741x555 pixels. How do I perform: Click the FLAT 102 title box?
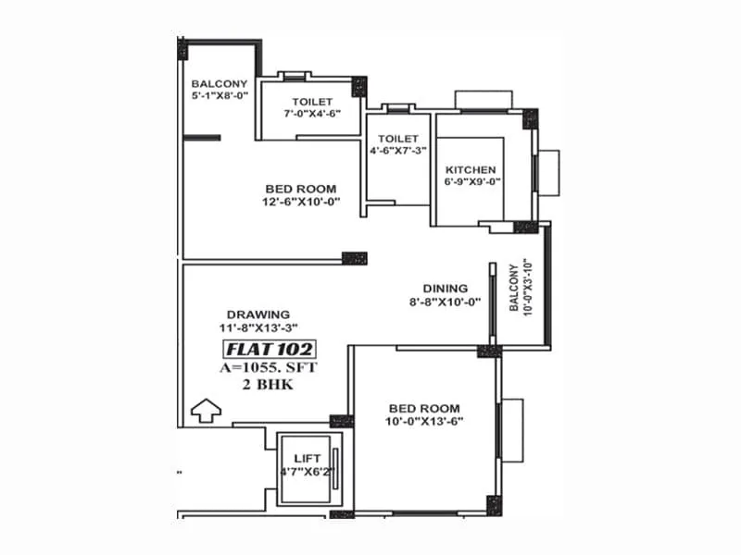[269, 350]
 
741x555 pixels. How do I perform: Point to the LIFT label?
[307, 458]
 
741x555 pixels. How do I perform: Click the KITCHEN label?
[471, 169]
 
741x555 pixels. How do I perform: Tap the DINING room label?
[446, 289]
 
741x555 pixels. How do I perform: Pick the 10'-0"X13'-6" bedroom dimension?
[425, 421]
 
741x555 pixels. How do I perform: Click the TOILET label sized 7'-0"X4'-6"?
[312, 102]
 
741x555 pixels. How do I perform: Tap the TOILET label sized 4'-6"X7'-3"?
[397, 139]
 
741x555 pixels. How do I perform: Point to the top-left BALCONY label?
[219, 83]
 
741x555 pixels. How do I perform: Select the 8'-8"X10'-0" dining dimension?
[446, 302]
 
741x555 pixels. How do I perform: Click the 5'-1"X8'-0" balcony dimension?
[219, 95]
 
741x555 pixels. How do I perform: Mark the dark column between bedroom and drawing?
[354, 258]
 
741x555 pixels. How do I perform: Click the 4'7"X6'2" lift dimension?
[307, 471]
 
